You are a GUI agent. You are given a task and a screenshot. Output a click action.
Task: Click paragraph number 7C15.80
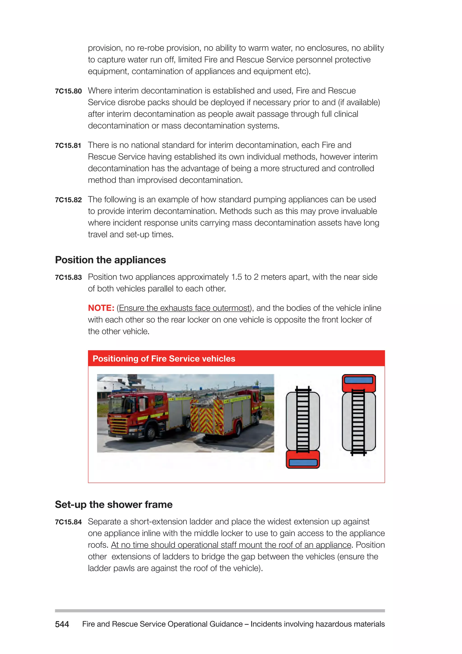[68, 91]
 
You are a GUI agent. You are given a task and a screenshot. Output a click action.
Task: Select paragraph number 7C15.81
[68, 146]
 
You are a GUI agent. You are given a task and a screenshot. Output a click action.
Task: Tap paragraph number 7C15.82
[68, 200]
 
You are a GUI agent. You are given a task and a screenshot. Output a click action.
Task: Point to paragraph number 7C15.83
[68, 278]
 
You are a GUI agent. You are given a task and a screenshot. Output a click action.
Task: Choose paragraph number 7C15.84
[68, 522]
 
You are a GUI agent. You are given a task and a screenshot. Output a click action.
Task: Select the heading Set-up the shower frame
[113, 505]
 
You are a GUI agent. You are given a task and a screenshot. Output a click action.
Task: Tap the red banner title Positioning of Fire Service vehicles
[164, 358]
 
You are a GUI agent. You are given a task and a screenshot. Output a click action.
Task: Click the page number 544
[62, 624]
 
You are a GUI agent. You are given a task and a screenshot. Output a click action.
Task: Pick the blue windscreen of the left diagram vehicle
[303, 462]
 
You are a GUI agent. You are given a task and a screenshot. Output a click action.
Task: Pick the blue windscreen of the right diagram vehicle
[358, 380]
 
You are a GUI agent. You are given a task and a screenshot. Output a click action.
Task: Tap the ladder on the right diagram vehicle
[358, 422]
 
